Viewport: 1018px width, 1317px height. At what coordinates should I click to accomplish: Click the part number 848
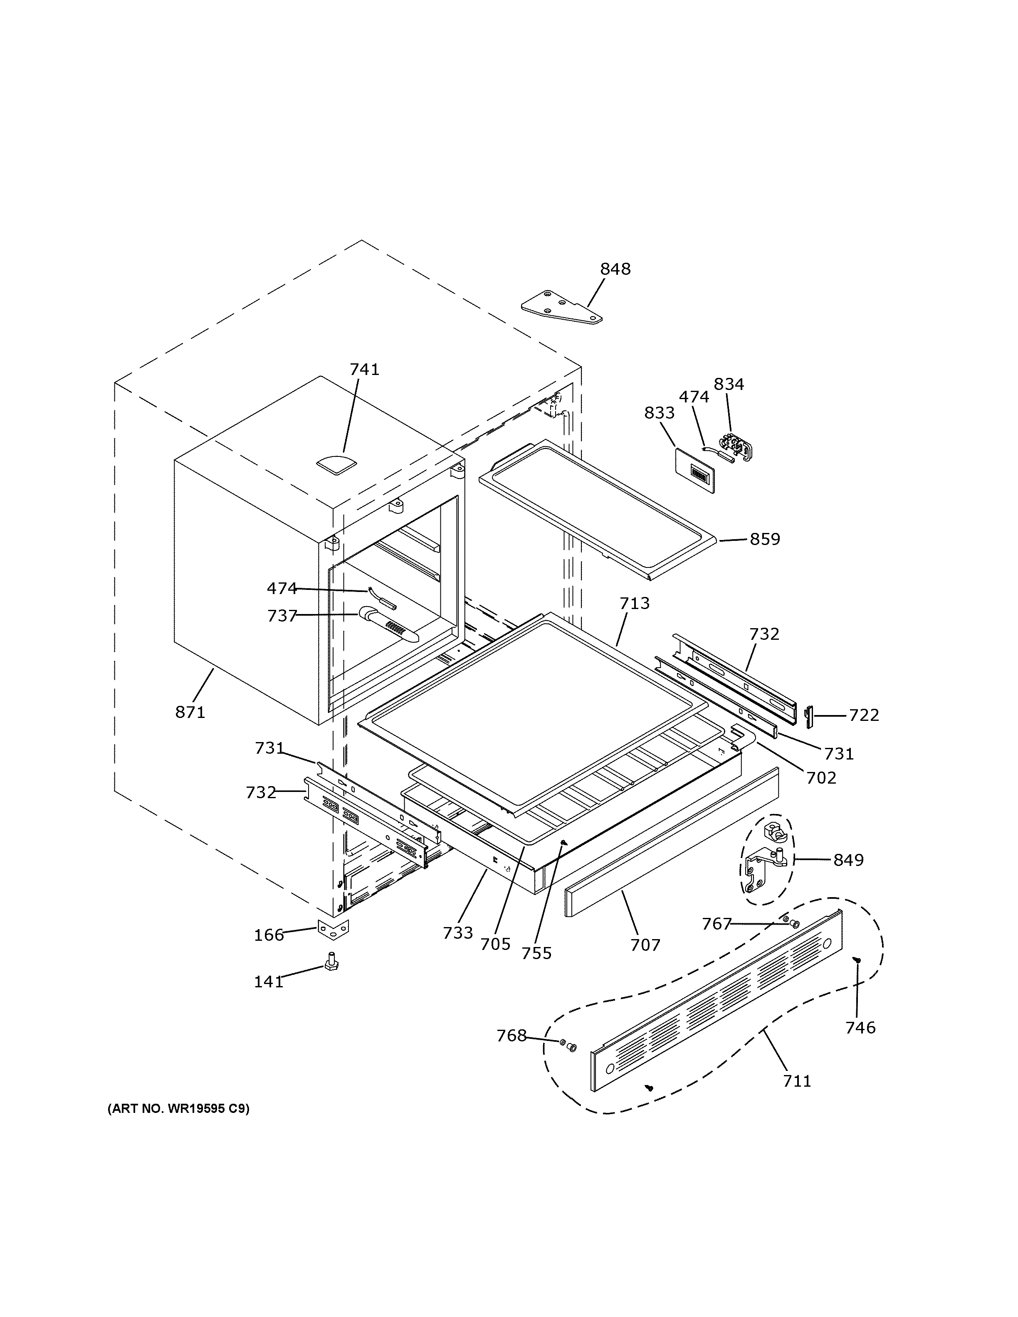[615, 269]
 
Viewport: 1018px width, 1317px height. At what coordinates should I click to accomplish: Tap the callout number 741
[364, 370]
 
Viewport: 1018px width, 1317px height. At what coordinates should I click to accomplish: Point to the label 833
[659, 413]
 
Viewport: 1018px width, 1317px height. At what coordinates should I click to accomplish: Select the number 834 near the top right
[729, 384]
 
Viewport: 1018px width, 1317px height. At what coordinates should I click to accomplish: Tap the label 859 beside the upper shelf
[765, 539]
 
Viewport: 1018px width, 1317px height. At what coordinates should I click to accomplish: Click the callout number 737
[282, 616]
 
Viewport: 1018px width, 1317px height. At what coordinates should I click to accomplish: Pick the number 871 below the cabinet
[190, 712]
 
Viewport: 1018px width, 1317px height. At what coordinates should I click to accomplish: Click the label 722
[864, 715]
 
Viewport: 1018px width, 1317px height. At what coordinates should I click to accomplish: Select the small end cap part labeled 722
[809, 716]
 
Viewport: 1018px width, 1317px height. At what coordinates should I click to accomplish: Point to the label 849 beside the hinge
[848, 860]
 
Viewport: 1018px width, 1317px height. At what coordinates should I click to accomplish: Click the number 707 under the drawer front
[645, 945]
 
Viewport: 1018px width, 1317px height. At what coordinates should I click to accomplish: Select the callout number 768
[511, 1036]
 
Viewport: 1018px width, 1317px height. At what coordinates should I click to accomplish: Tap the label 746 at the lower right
[860, 1028]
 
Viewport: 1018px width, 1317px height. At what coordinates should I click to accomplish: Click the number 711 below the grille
[797, 1081]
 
